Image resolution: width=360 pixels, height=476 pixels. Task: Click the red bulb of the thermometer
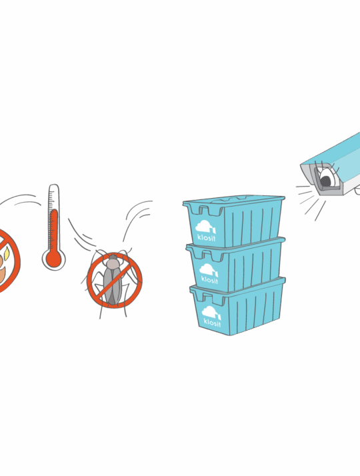(x=53, y=259)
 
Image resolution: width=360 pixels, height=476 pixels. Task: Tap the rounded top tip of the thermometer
(x=54, y=185)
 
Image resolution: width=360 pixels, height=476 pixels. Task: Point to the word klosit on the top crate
(x=207, y=237)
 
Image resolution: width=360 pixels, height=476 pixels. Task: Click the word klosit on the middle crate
(x=209, y=279)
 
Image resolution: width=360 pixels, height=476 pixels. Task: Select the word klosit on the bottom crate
(x=212, y=322)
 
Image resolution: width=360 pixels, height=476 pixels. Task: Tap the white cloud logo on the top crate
(x=205, y=227)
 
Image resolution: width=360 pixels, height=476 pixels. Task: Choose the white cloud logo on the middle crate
(x=209, y=270)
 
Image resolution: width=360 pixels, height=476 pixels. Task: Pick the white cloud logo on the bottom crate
(x=211, y=313)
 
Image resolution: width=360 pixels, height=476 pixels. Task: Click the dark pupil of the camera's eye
(x=325, y=181)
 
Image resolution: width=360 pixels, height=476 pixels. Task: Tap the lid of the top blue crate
(x=234, y=200)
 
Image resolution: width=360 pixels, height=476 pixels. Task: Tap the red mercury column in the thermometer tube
(x=54, y=230)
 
